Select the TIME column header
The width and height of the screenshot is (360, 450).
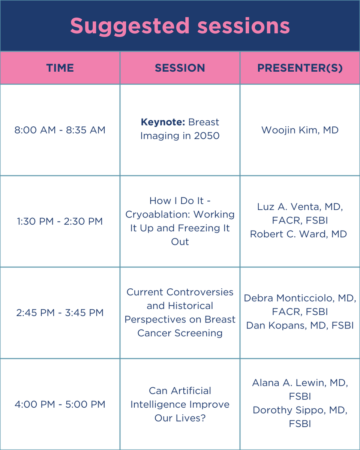click(x=60, y=68)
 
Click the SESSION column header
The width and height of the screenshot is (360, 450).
click(x=180, y=68)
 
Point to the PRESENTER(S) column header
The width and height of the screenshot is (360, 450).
click(x=300, y=68)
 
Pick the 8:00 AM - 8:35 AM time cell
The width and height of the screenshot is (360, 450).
click(x=60, y=130)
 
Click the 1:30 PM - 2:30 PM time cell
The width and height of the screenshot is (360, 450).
click(x=60, y=221)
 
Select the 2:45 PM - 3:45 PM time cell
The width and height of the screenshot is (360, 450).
click(x=60, y=313)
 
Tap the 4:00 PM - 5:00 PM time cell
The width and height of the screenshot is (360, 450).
click(x=60, y=404)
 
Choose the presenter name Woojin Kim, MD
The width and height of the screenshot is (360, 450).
click(x=300, y=130)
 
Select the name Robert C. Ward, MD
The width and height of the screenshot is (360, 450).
click(x=298, y=234)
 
